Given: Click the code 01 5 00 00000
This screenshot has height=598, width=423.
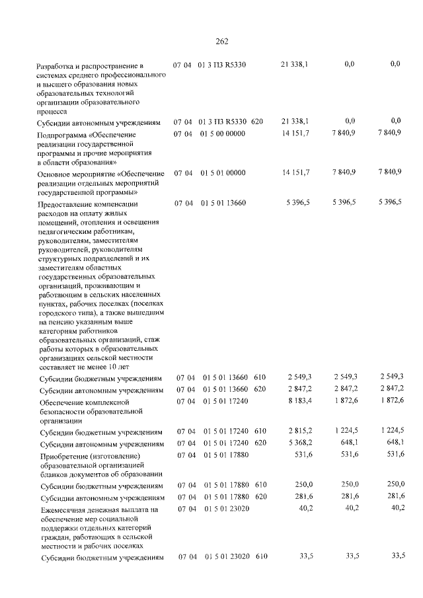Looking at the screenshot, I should [x=221, y=134].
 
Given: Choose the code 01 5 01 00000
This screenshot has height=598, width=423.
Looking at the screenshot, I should [x=221, y=172].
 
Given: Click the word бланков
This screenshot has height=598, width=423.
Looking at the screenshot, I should [x=55, y=474].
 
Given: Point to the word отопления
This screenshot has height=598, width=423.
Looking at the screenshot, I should [x=95, y=223].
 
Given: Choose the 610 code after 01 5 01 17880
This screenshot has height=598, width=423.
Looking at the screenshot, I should [x=260, y=486].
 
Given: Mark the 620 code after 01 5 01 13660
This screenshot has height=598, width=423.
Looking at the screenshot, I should [x=260, y=389].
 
